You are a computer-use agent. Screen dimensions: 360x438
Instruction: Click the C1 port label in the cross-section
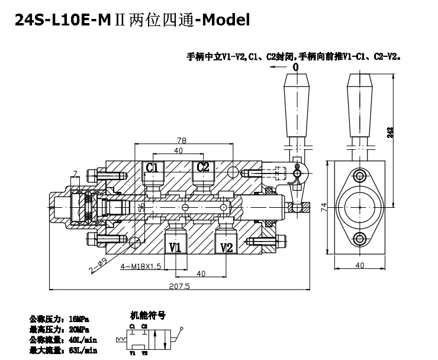(x=152, y=167)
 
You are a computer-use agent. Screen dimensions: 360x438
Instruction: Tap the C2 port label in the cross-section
(x=203, y=167)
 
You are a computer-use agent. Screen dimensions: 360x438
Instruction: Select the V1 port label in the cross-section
(x=176, y=247)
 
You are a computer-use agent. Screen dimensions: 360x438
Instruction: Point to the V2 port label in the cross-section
(x=226, y=247)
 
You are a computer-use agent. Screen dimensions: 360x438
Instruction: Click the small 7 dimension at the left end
(x=75, y=173)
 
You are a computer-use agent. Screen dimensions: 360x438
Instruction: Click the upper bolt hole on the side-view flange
(x=359, y=175)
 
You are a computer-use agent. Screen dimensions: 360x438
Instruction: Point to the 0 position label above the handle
(x=295, y=68)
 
